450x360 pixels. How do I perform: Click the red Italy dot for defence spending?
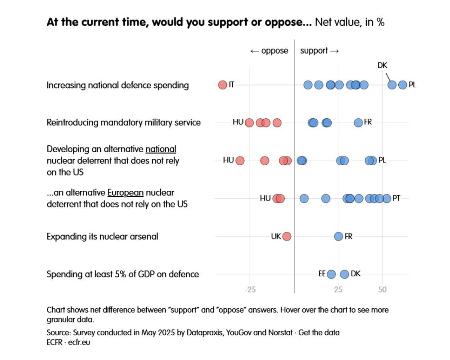pos(222,85)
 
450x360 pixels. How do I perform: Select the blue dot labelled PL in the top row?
pos(403,85)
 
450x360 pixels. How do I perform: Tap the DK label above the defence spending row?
pos(382,66)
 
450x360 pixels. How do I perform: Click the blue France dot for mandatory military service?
pos(358,122)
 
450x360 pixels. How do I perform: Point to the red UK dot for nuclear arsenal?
pos(287,236)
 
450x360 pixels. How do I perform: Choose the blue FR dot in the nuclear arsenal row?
pos(338,236)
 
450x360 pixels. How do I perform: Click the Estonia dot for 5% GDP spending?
pos(331,274)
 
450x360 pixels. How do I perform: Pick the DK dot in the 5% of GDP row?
pos(345,274)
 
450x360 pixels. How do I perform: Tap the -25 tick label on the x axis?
pos(250,289)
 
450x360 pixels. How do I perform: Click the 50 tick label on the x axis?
pos(382,289)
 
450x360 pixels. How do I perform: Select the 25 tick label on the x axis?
pos(338,289)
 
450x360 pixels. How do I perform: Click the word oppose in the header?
pos(274,51)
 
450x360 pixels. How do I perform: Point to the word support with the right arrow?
pos(314,51)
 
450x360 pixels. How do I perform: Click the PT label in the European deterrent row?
pos(396,198)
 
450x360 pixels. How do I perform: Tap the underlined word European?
pos(126,193)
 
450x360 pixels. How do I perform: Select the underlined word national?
pos(161,149)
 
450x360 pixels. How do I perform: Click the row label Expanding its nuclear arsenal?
pos(102,236)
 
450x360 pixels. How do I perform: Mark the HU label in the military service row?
pos(238,122)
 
